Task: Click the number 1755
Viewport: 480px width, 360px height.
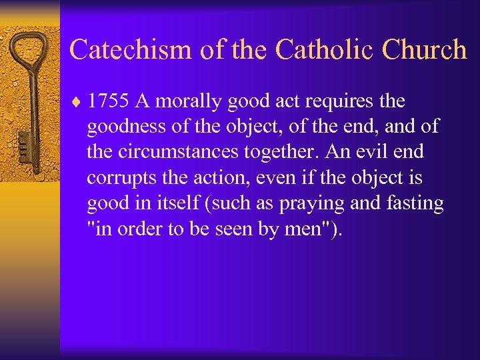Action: [109, 102]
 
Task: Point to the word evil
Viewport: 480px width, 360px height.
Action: [380, 153]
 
